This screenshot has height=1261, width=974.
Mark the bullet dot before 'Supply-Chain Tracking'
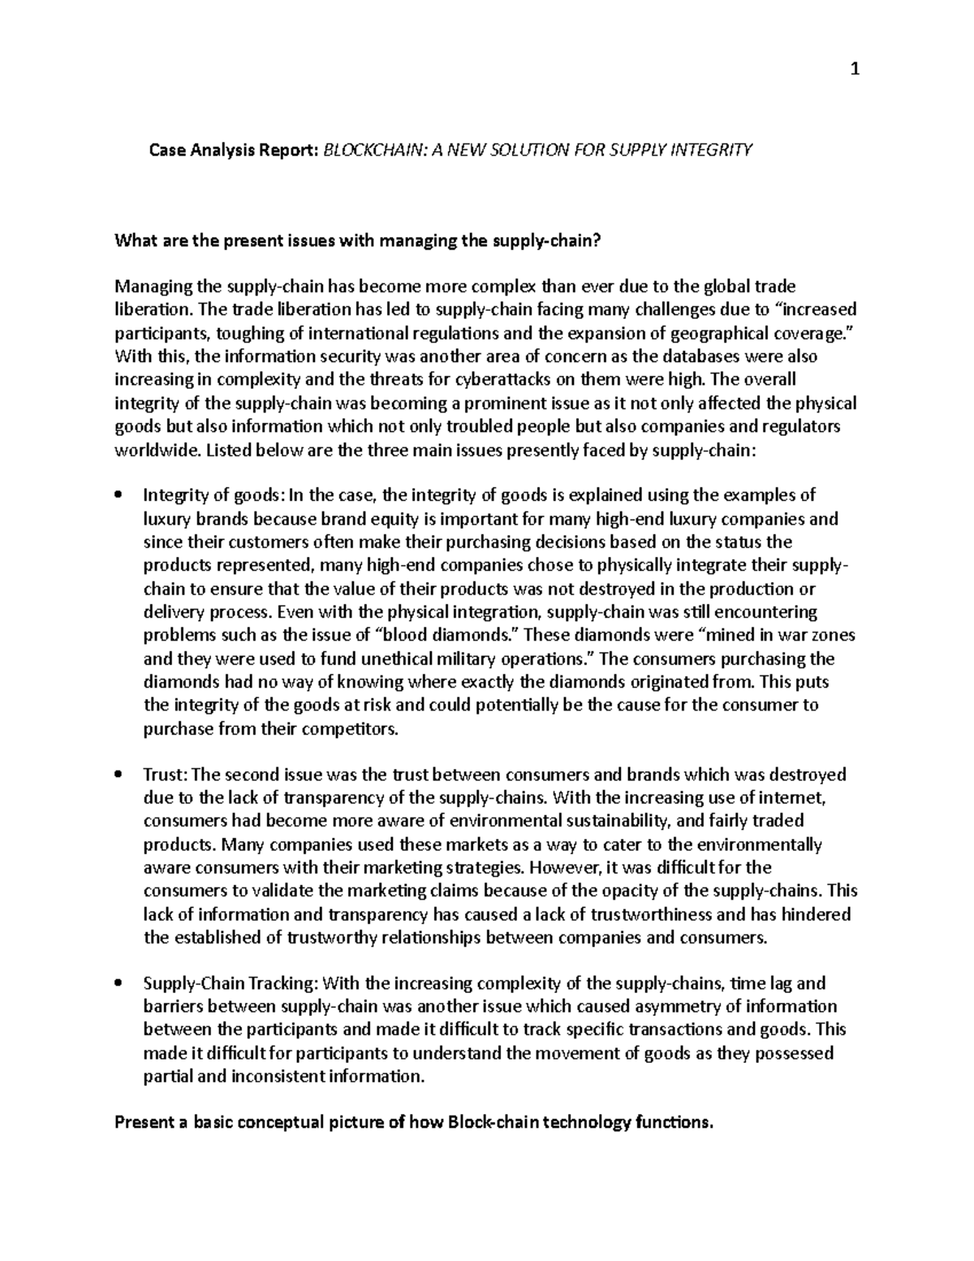click(119, 984)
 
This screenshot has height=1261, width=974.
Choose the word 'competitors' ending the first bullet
click(356, 728)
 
